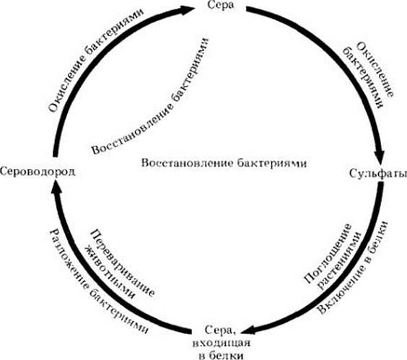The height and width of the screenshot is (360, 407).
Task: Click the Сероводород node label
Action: tap(38, 171)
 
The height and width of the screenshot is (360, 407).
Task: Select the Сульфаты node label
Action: tap(378, 174)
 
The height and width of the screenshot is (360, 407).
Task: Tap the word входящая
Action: tap(222, 343)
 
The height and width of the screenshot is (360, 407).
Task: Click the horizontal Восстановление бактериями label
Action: tap(224, 163)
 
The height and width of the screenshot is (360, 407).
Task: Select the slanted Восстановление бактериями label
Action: tap(151, 96)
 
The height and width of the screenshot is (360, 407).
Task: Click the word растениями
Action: tap(339, 260)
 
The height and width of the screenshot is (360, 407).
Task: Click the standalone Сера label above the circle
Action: tap(220, 5)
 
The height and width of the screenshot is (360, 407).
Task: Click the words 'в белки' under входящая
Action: tap(222, 354)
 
